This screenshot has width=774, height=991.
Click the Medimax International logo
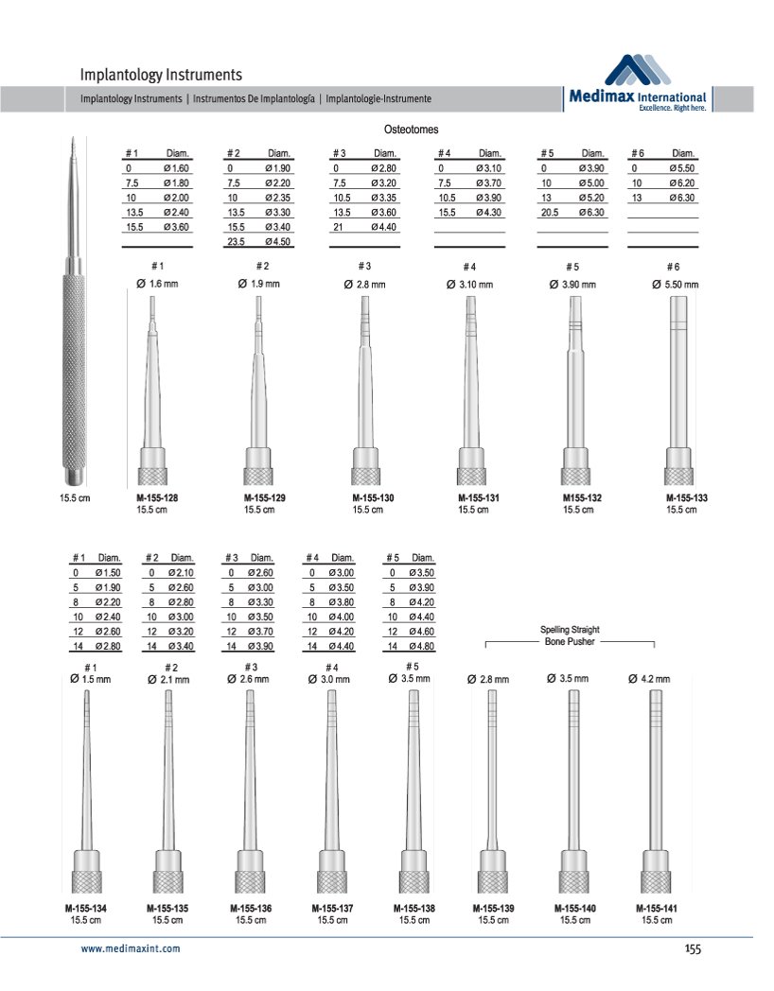click(x=639, y=84)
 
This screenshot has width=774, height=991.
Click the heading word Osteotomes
click(x=411, y=129)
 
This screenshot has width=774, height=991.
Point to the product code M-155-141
click(x=656, y=909)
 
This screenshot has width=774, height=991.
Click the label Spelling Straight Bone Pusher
click(x=570, y=635)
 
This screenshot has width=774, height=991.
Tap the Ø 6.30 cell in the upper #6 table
click(x=681, y=198)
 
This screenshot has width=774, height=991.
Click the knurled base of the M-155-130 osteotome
click(x=366, y=475)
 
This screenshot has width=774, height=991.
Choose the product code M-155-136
click(x=251, y=909)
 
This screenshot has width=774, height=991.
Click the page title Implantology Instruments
click(x=161, y=74)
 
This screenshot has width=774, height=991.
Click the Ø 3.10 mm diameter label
click(x=470, y=285)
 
